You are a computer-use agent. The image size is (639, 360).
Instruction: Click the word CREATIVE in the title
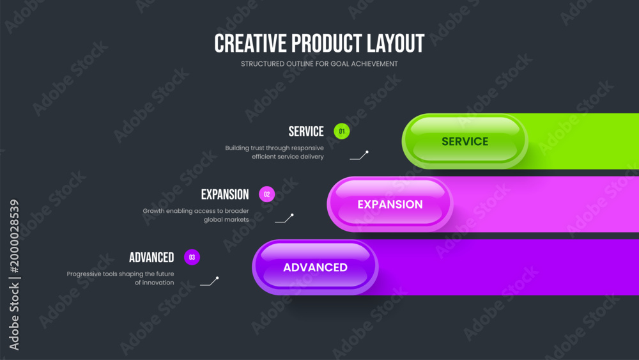point(250,43)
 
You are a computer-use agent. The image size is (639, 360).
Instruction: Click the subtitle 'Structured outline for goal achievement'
point(319,64)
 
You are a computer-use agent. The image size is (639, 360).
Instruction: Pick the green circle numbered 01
point(341,131)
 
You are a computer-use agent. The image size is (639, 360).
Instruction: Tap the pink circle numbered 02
point(267,194)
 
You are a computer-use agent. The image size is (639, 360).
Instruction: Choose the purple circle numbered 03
point(192,257)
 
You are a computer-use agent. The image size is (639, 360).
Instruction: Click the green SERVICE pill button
point(465,141)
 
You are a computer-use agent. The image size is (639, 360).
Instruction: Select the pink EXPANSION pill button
point(390,204)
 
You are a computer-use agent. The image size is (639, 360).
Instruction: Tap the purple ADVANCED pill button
point(315,267)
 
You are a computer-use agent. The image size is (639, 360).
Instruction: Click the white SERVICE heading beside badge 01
point(306,132)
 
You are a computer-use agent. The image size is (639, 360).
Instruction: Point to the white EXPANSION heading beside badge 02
point(225,194)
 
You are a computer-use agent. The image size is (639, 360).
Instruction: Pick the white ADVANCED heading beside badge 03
point(151,258)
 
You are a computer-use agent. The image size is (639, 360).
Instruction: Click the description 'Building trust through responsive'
point(274,148)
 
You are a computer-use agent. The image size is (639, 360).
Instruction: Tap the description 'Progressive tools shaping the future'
point(120,274)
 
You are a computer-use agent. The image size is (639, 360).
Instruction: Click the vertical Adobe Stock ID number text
point(15,237)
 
